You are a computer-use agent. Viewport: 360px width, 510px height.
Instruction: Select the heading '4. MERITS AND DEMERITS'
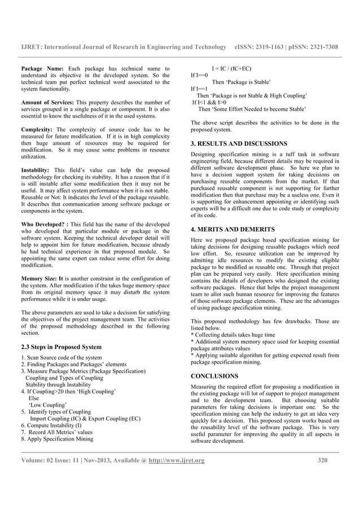click(232, 230)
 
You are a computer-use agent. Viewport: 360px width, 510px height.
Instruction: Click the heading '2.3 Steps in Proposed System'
click(61, 347)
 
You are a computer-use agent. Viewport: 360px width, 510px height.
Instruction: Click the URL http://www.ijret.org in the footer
click(177, 460)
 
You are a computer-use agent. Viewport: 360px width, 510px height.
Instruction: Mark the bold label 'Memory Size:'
click(43, 279)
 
